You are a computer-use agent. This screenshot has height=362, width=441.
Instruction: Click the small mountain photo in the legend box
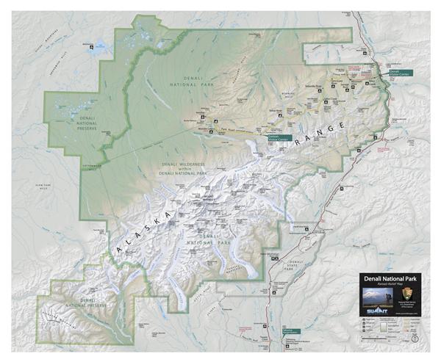click(377, 295)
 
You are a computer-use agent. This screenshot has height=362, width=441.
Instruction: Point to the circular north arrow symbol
click(415, 339)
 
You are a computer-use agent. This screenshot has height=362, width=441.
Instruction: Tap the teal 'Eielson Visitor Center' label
click(273, 137)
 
